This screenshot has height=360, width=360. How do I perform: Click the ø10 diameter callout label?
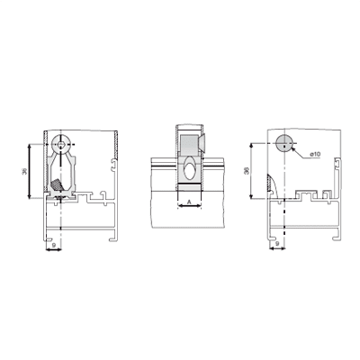pyautogui.click(x=315, y=154)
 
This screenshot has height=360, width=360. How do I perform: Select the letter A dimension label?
pyautogui.click(x=189, y=202)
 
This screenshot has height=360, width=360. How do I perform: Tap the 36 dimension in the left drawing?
pyautogui.click(x=24, y=171)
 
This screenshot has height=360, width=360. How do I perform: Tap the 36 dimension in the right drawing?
pyautogui.click(x=247, y=171)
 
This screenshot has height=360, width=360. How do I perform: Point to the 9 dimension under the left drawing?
pyautogui.click(x=53, y=245)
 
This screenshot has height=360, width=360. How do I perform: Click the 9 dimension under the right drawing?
pyautogui.click(x=277, y=244)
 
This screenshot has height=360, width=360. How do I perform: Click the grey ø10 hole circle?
pyautogui.click(x=283, y=143)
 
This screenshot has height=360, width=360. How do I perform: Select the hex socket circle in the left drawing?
pyautogui.click(x=61, y=145)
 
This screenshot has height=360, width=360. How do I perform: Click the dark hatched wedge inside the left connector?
pyautogui.click(x=57, y=184)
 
